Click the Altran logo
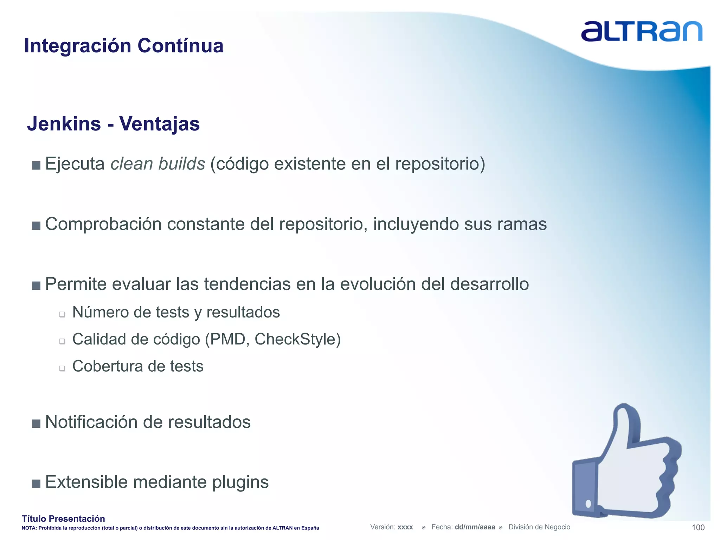641,32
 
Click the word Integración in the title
78,46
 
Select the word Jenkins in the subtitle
64,124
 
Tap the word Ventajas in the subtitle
159,124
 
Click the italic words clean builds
157,164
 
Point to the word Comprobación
103,224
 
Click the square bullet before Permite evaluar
36,285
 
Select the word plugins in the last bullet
240,482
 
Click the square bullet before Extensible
36,484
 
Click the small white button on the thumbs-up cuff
588,504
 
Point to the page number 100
698,527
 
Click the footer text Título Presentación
63,519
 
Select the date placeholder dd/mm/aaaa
475,527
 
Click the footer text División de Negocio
539,527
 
